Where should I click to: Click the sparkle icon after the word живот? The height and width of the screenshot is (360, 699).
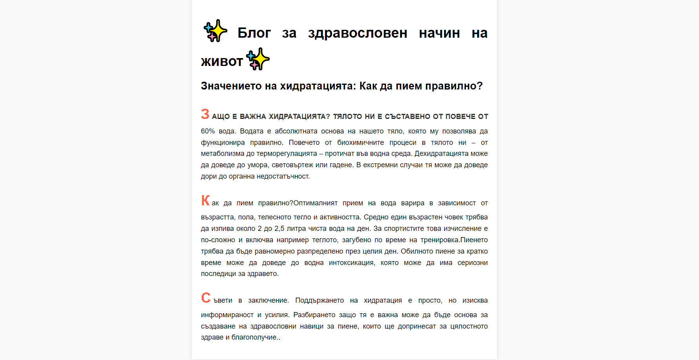(x=258, y=59)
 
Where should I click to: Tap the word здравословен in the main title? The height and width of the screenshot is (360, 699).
(x=358, y=33)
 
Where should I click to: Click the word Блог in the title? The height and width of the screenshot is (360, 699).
(x=254, y=33)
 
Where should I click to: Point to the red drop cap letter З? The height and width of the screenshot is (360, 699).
(x=205, y=114)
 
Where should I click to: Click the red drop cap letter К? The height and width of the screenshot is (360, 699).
(x=205, y=201)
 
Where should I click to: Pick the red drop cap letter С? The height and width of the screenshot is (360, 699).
(x=206, y=298)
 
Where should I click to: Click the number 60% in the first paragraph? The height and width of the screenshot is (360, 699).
(x=208, y=131)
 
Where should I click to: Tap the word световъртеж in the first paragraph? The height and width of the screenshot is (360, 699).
(x=292, y=165)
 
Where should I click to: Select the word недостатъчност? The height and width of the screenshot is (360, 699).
(x=283, y=176)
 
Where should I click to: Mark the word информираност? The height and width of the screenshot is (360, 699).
(x=227, y=315)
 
